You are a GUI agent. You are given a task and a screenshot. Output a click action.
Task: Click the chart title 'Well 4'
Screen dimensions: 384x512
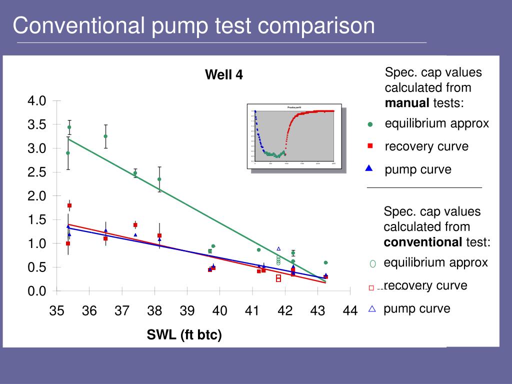(x=224, y=75)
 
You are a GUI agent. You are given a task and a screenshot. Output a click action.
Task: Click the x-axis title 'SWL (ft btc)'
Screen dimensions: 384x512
(x=184, y=335)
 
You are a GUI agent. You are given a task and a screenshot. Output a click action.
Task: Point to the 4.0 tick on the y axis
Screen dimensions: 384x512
(x=37, y=101)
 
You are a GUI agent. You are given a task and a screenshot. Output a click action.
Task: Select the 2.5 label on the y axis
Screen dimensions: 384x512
(x=37, y=172)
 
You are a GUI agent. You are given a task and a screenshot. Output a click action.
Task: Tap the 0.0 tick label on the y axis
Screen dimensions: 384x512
(x=37, y=291)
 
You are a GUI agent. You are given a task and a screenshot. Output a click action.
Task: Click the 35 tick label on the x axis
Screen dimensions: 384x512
(x=57, y=311)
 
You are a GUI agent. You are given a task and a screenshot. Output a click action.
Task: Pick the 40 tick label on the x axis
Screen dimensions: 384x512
(x=219, y=311)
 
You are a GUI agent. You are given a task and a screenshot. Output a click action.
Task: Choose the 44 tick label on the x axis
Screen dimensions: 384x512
(x=350, y=311)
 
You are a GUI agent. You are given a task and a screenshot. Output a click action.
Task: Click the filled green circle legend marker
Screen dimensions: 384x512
(x=370, y=124)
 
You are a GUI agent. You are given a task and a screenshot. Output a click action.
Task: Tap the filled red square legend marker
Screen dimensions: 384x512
(x=370, y=146)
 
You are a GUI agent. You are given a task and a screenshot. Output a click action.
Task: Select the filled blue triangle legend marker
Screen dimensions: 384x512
(x=369, y=168)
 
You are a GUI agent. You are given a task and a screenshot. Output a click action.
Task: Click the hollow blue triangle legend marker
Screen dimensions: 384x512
(x=371, y=309)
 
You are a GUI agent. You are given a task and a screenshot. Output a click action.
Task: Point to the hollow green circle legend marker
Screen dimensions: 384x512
(x=372, y=263)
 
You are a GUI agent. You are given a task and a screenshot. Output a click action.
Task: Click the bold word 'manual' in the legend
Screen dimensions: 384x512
(x=407, y=103)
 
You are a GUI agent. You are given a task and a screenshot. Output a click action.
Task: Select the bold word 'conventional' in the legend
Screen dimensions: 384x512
(x=423, y=242)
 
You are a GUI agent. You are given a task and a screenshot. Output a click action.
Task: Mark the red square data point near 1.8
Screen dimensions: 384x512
(x=69, y=205)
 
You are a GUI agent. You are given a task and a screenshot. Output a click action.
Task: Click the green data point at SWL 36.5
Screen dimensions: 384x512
(x=105, y=136)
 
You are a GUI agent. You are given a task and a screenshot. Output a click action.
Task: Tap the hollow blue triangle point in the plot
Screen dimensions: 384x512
(x=278, y=248)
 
